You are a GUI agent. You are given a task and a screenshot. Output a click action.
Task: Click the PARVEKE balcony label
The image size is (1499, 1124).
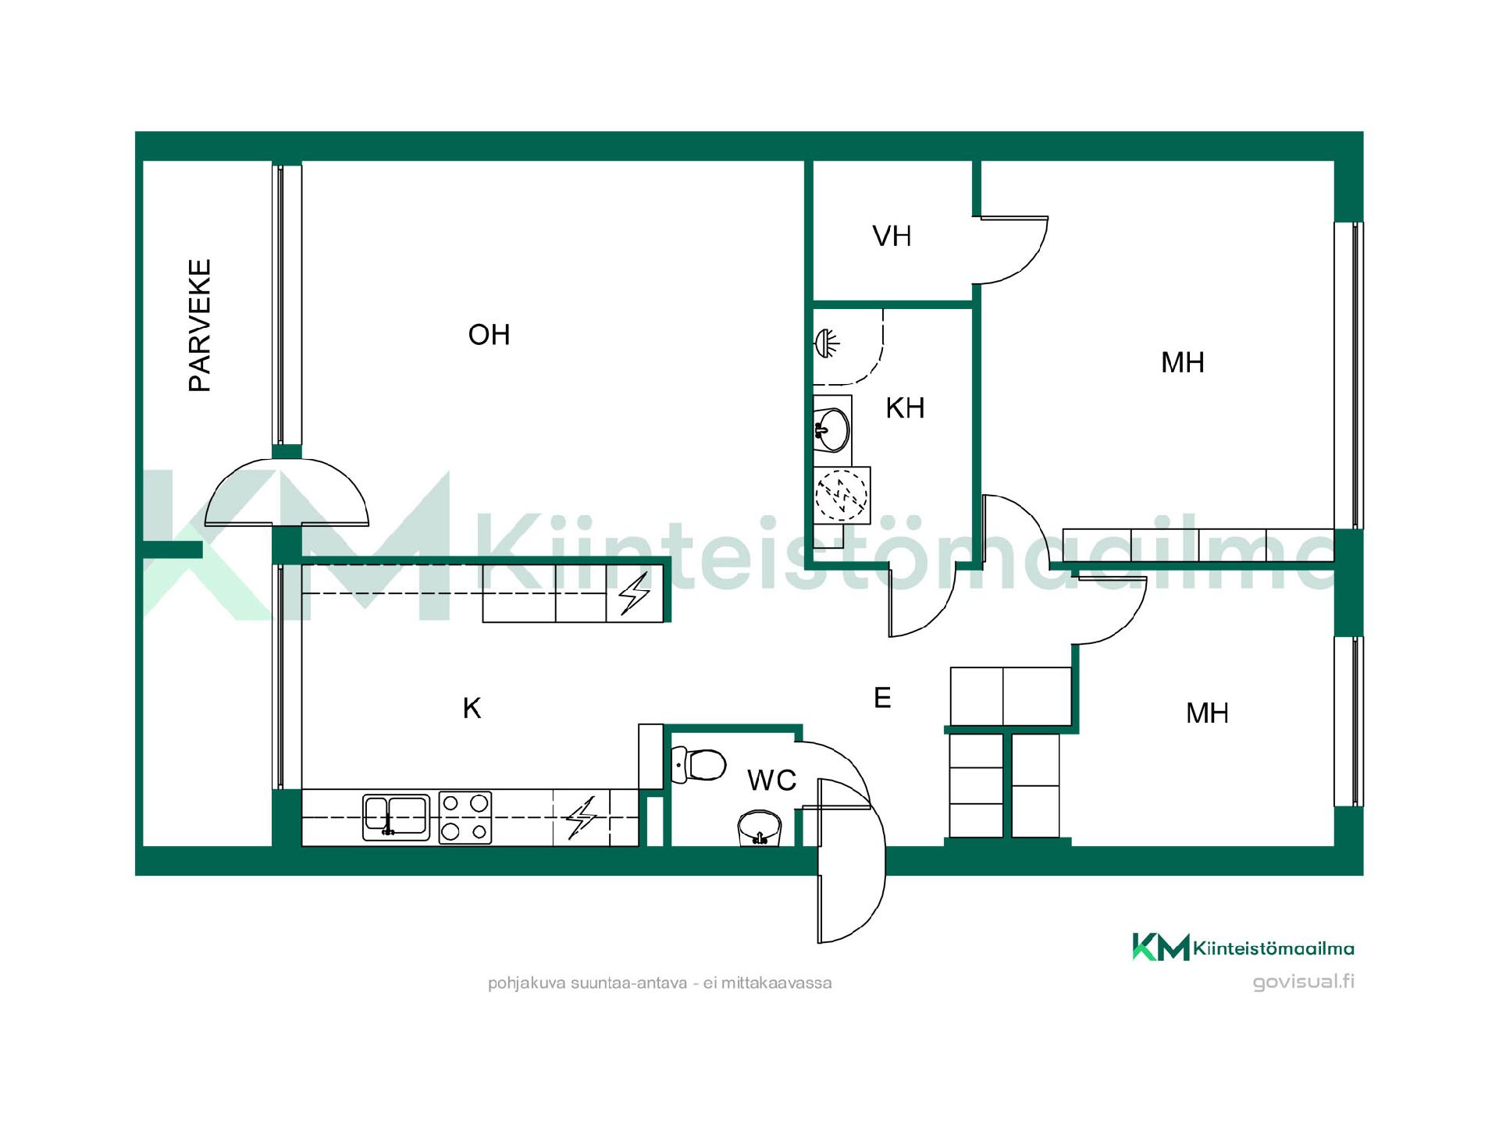(x=200, y=325)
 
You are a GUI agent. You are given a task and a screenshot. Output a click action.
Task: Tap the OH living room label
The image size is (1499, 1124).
(x=489, y=335)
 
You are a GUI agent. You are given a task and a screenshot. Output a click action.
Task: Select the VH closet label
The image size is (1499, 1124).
(x=892, y=236)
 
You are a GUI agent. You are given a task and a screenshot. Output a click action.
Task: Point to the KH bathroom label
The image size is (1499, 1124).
(x=905, y=407)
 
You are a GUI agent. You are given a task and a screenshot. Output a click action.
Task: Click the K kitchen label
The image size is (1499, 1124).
(x=472, y=708)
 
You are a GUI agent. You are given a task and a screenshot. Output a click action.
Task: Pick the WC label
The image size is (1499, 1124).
(x=771, y=780)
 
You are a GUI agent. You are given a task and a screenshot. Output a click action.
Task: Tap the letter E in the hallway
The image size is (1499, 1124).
(x=882, y=697)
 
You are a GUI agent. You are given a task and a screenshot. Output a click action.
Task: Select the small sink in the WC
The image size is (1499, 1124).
(x=760, y=828)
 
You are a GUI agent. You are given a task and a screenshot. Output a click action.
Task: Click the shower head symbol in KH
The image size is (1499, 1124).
(x=827, y=342)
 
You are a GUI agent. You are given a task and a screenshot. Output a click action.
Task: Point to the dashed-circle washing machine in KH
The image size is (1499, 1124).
(x=841, y=495)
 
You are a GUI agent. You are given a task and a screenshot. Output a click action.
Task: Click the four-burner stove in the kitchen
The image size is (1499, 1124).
(x=465, y=817)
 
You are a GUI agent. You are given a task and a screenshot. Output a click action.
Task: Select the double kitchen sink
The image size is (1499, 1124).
(x=397, y=817)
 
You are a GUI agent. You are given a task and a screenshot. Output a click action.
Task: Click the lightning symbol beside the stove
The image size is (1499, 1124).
(x=581, y=817)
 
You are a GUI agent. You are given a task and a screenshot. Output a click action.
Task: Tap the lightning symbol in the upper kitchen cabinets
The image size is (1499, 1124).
(x=634, y=594)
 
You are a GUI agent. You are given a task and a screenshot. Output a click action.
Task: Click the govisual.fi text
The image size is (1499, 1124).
(x=1303, y=982)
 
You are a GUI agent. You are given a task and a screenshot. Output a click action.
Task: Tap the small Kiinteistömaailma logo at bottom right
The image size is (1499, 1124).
(x=1243, y=948)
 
